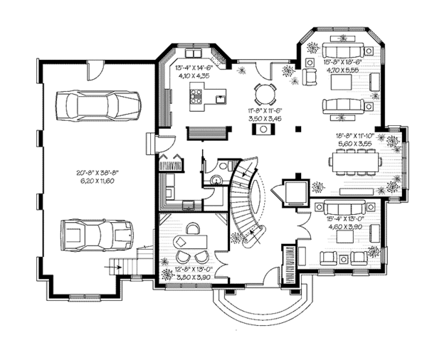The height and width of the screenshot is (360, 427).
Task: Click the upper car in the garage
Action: click(100, 105)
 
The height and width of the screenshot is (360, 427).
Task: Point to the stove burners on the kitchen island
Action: click(197, 90)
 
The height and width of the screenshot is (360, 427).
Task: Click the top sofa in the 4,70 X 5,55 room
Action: click(342, 52)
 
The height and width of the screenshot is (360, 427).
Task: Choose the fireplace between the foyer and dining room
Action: click(292, 191)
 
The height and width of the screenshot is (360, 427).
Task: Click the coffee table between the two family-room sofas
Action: click(342, 81)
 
